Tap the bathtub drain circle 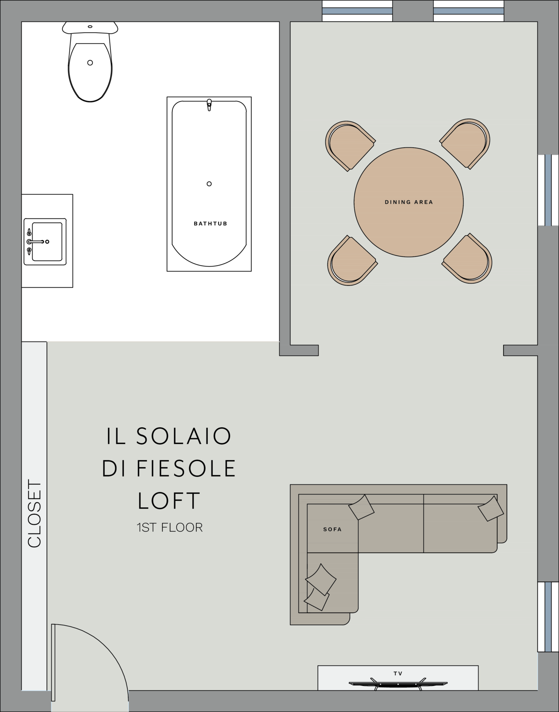(209, 184)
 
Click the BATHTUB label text (210, 224)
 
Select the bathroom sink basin (47, 242)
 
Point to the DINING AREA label (409, 202)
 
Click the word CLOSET (34, 514)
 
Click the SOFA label (332, 530)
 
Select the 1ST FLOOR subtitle (170, 527)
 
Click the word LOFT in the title (169, 501)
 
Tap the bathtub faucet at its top (209, 105)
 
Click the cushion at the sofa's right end (490, 508)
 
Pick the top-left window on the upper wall (357, 11)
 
